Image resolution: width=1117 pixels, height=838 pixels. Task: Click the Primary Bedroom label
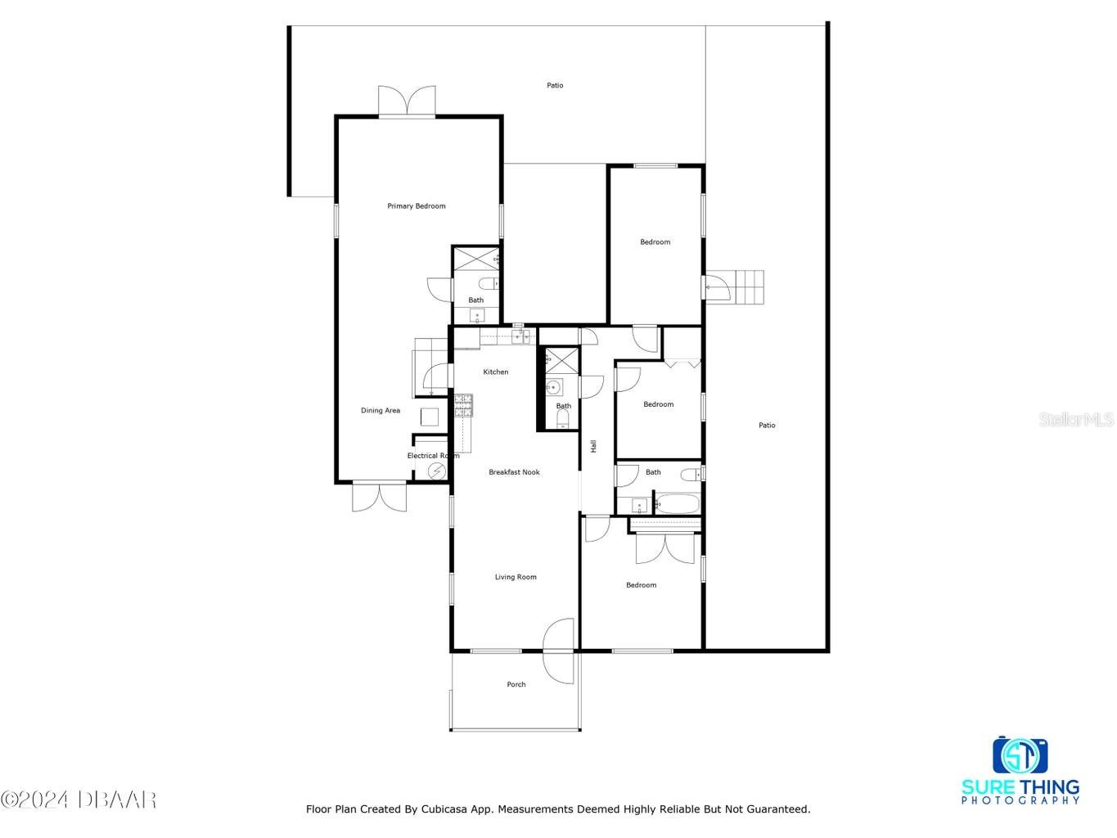click(x=417, y=206)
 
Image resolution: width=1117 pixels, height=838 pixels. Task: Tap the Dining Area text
click(x=381, y=411)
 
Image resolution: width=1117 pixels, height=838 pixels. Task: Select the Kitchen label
click(x=495, y=372)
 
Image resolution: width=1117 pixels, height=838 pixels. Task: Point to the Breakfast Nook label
click(x=514, y=472)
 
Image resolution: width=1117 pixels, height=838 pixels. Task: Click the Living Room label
click(x=516, y=577)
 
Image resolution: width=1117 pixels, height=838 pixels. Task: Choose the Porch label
click(x=516, y=685)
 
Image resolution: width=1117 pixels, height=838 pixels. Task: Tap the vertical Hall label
click(x=593, y=446)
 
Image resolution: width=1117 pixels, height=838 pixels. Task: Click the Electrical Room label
click(x=432, y=456)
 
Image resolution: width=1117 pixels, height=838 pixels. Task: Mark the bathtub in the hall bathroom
click(x=677, y=503)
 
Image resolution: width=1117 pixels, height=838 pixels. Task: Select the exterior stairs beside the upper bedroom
click(x=745, y=287)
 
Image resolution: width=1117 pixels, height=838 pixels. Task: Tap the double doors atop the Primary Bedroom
click(x=407, y=101)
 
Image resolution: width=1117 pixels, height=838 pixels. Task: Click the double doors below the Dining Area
click(x=379, y=498)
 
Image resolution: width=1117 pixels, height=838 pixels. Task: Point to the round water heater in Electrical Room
click(x=436, y=471)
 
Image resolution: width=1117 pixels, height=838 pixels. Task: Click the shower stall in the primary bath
click(x=475, y=259)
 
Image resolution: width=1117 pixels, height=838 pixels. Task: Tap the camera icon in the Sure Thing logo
click(x=1020, y=755)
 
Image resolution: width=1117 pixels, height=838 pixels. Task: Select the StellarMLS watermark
click(x=1076, y=420)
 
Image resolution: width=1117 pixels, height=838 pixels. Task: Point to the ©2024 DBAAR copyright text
click(x=79, y=799)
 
